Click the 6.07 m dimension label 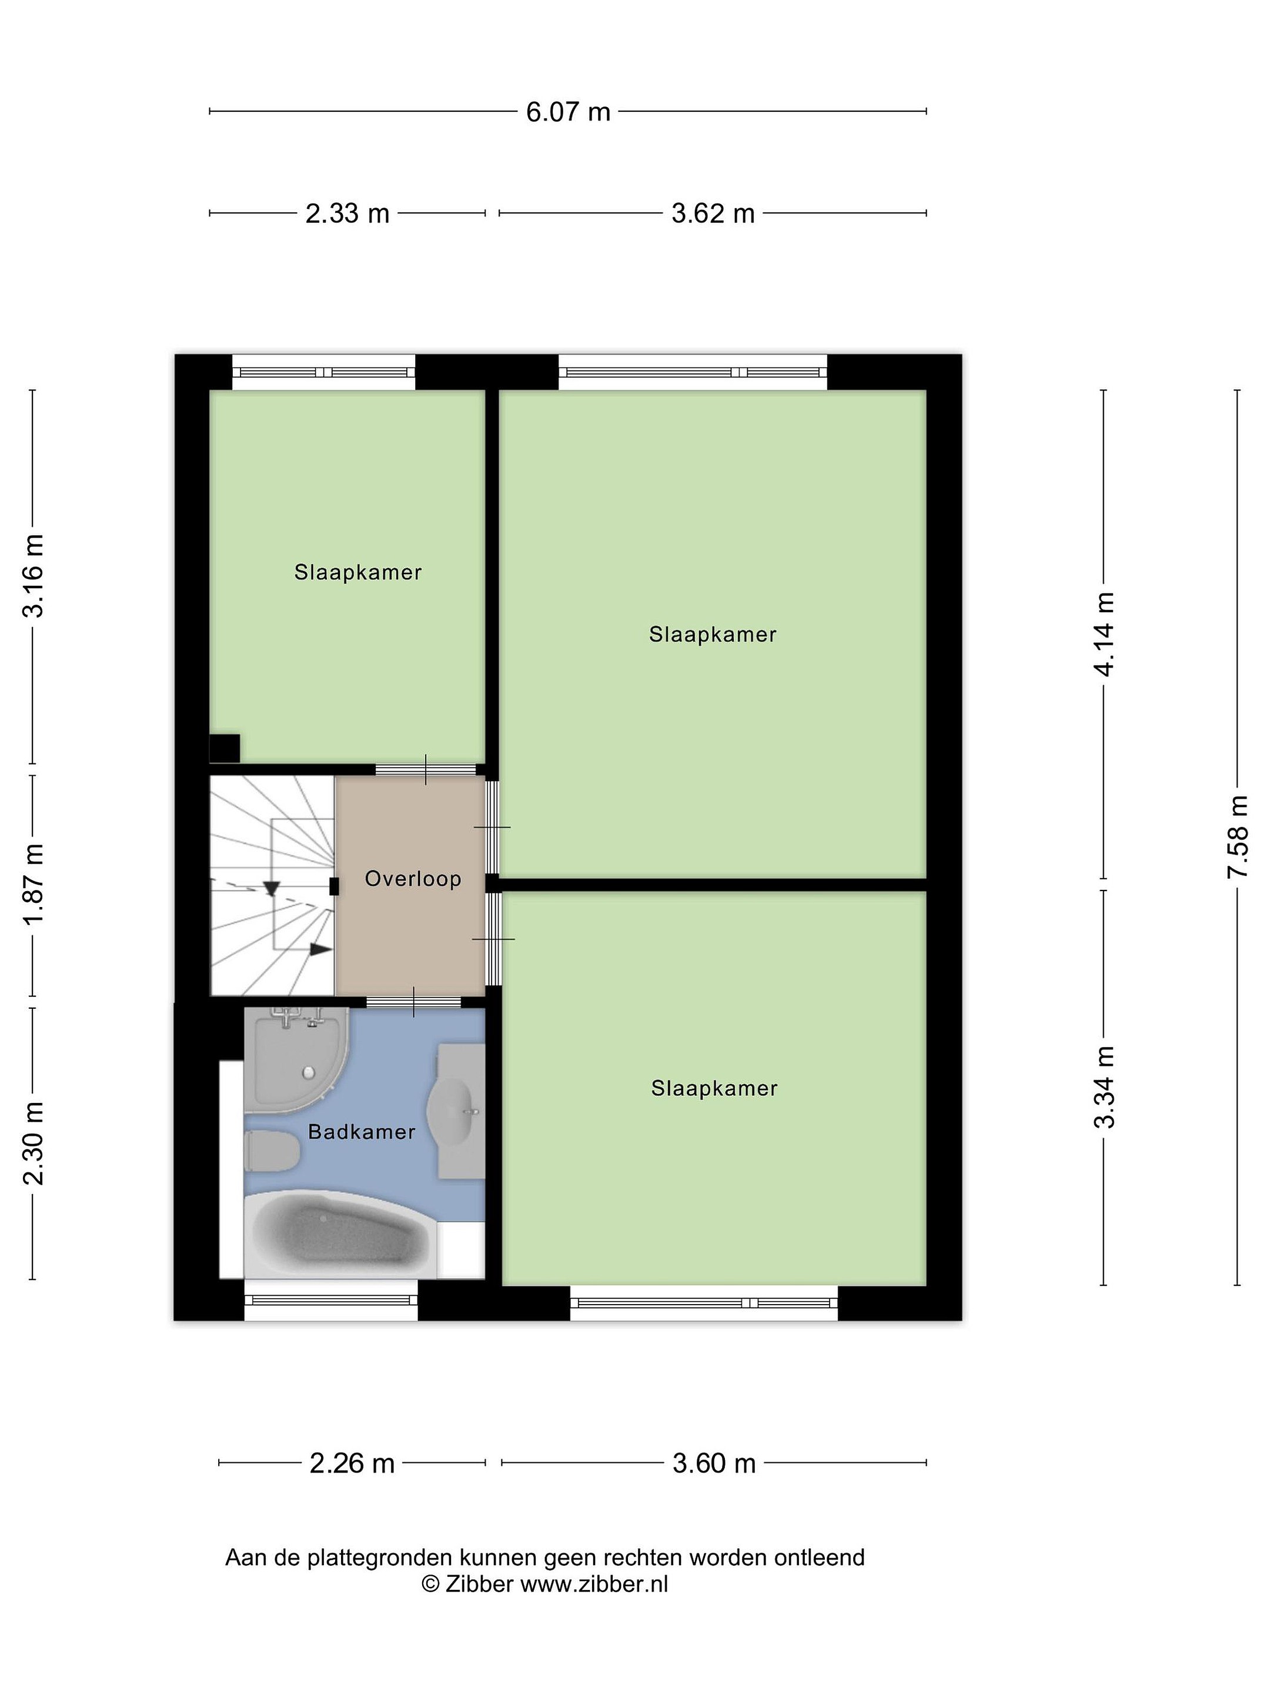[x=568, y=112]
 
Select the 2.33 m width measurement [x=347, y=214]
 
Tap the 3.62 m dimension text [x=713, y=214]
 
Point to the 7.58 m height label [x=1237, y=836]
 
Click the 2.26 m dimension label [x=352, y=1463]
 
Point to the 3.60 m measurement [x=714, y=1463]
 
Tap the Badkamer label [x=362, y=1132]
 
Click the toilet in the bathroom [x=272, y=1152]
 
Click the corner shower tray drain [x=309, y=1073]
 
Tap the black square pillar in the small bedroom [x=224, y=748]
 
